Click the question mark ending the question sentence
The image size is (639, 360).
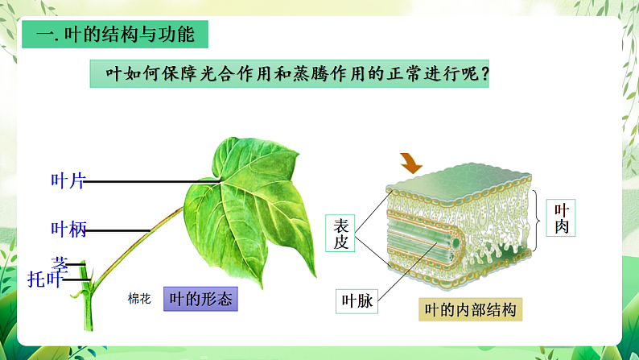click(484, 74)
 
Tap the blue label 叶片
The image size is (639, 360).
click(68, 181)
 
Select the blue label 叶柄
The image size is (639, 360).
click(68, 230)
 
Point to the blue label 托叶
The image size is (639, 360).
click(44, 279)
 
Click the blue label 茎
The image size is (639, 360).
click(60, 263)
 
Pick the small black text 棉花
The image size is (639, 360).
click(139, 299)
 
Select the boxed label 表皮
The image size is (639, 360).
click(341, 234)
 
